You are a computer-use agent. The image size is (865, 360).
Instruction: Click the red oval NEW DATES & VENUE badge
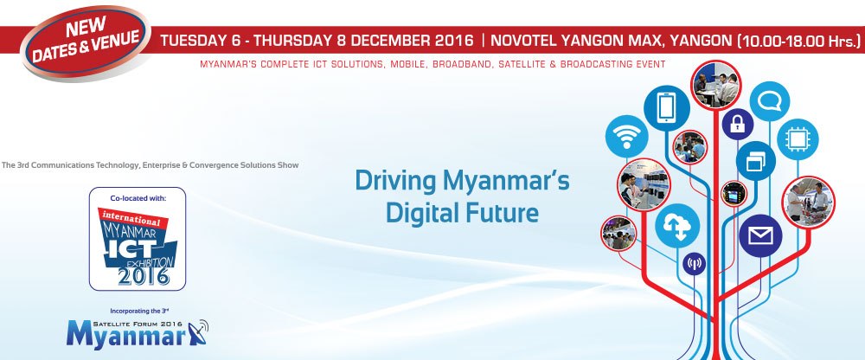pos(86,42)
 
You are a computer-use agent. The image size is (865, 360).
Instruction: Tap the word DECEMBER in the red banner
pos(386,41)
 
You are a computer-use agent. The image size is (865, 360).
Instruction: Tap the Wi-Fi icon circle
pos(626,137)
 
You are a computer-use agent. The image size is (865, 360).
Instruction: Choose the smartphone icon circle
pos(666,108)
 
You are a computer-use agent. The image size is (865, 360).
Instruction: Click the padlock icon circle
pos(738,125)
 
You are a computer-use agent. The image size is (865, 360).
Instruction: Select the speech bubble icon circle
pos(770,101)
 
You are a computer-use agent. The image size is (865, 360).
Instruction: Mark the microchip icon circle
pos(798,139)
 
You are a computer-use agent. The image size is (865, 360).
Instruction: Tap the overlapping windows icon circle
pos(756,161)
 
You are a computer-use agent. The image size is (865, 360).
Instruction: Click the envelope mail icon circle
pos(760,235)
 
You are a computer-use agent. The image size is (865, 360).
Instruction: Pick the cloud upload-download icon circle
pos(677,226)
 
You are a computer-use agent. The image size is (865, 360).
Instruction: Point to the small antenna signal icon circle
pos(694,263)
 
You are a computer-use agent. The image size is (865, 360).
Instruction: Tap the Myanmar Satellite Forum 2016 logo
pos(138,333)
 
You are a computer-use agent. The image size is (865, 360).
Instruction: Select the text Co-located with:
pos(138,197)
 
